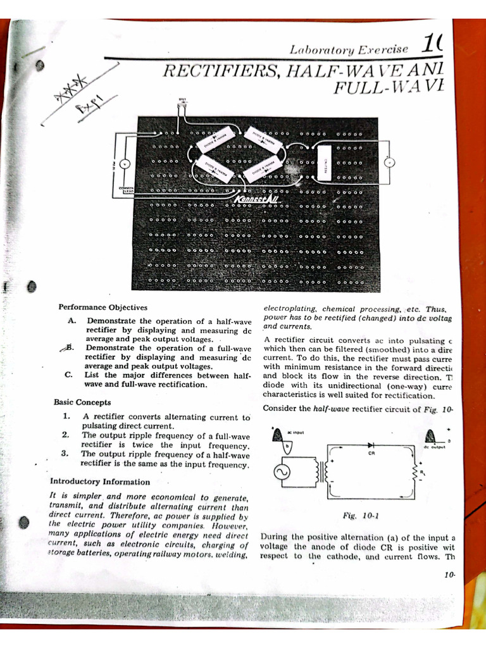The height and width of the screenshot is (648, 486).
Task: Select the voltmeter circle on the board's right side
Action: [x=390, y=163]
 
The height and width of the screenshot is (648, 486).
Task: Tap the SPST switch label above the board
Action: [x=183, y=99]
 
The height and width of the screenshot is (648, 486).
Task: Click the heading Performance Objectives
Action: [x=103, y=307]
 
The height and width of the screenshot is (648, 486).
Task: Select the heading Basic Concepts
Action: [x=82, y=402]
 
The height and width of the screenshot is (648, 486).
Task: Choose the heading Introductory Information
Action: [x=99, y=481]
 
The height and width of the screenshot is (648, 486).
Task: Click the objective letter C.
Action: [x=68, y=375]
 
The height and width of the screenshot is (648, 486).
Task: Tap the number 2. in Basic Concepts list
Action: [x=66, y=435]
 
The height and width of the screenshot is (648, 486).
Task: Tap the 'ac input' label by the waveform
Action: [x=296, y=432]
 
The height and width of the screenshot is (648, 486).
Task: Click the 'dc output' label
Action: [x=435, y=447]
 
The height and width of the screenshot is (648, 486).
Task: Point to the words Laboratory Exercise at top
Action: [x=349, y=49]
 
